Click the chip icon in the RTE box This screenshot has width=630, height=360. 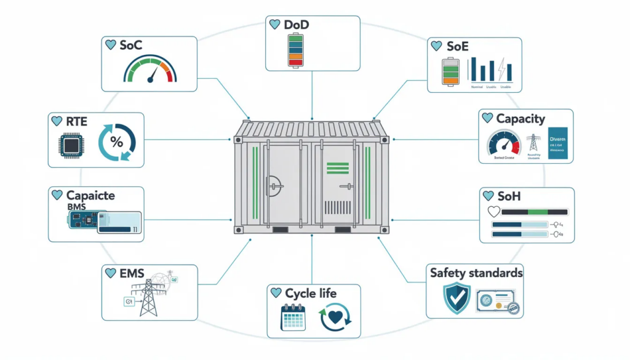tap(70, 145)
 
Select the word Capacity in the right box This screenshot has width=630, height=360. tap(520, 118)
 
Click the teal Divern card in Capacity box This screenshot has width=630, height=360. tap(559, 143)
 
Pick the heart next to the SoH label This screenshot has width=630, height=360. tap(488, 196)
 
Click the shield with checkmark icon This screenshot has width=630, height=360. tap(457, 298)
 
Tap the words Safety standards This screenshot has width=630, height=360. tap(476, 272)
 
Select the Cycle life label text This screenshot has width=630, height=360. tap(311, 293)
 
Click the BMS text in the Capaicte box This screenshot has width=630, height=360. tap(76, 207)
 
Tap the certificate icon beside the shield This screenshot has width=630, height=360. tap(496, 301)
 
